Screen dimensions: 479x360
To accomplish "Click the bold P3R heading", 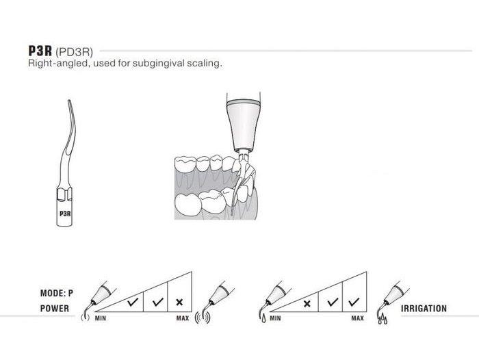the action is pos(40,51).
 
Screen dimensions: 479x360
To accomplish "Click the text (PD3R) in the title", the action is pos(74,51).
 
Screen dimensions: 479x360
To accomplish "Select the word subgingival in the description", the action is pos(159,63).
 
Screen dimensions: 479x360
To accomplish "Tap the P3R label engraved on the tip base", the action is pos(65,214).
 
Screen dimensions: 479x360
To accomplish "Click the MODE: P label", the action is pos(57,294).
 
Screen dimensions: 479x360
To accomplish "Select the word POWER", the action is pos(55,309).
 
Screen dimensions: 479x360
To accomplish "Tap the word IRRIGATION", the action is pos(424,309).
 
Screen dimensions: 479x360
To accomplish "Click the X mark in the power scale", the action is pos(179,303).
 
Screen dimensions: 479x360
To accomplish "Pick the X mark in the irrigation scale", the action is pos(307,303).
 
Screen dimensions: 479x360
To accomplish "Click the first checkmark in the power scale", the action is pos(133,303).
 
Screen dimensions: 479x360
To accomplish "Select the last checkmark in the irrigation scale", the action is pos(354,303).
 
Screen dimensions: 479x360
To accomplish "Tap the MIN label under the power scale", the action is pos(101,318).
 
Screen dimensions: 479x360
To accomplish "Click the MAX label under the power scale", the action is pos(183,318).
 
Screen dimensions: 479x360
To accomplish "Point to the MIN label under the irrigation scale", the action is pos(275,318).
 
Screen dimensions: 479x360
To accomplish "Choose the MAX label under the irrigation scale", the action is pos(357,318).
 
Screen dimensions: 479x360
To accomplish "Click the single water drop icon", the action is pos(263,319).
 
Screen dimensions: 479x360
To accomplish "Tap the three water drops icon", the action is pos(383,320).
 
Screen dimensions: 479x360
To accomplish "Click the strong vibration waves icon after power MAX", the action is pos(203,317).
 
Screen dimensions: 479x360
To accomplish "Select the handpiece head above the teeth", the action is pos(244,125).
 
